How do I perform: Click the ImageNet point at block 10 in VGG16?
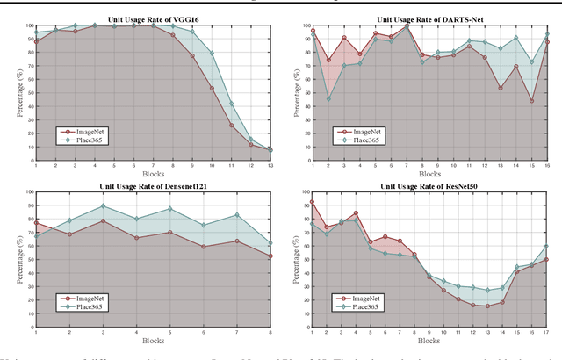[x=212, y=89]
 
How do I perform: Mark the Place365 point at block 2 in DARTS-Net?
[x=328, y=98]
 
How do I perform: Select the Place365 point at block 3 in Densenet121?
[x=104, y=206]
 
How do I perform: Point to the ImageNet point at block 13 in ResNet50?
[x=488, y=306]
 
